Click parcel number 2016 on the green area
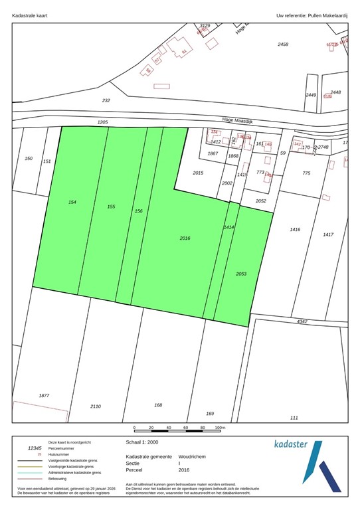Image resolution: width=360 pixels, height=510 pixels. pyautogui.click(x=185, y=238)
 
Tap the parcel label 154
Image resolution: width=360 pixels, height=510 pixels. pyautogui.click(x=72, y=201)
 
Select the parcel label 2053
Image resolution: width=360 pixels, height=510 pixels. pyautogui.click(x=240, y=274)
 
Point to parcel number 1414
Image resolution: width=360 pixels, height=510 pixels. pyautogui.click(x=228, y=227)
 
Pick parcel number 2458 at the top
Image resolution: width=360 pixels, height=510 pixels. pyautogui.click(x=283, y=44)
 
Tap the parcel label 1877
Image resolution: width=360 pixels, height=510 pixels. pyautogui.click(x=44, y=396)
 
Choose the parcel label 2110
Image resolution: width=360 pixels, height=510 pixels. pyautogui.click(x=95, y=406)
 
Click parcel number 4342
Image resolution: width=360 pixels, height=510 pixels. pyautogui.click(x=302, y=321)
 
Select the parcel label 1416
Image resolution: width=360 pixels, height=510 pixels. pyautogui.click(x=295, y=229)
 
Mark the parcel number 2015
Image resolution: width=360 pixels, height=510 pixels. pyautogui.click(x=197, y=173)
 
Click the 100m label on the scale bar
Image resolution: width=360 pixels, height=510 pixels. pyautogui.click(x=220, y=428)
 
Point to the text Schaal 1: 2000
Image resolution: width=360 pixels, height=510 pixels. pyautogui.click(x=141, y=441)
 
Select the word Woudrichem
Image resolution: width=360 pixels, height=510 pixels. pyautogui.click(x=193, y=457)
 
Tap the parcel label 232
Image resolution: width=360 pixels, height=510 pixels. pyautogui.click(x=106, y=100)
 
